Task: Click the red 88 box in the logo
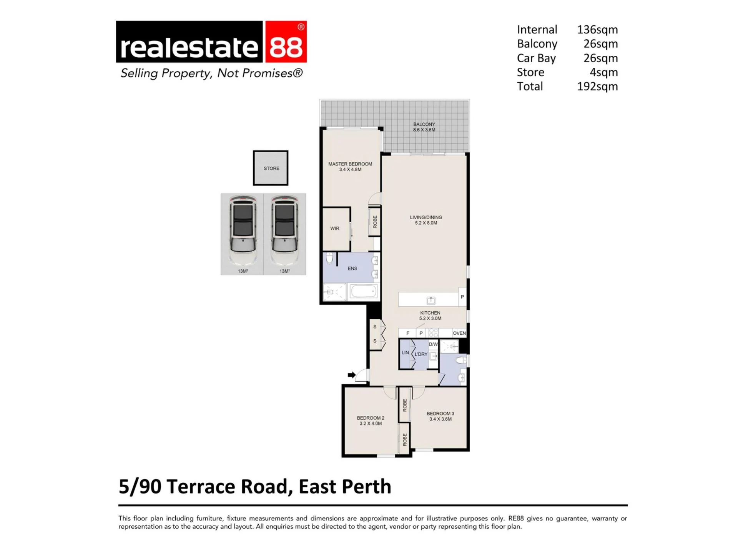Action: point(286,42)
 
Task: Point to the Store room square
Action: point(271,168)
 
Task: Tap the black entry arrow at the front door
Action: point(351,375)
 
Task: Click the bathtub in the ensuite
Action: point(363,291)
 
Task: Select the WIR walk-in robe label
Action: point(335,229)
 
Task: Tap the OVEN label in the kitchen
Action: point(459,333)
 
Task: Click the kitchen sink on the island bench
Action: point(431,300)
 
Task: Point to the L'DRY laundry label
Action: point(421,354)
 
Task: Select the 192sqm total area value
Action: point(597,87)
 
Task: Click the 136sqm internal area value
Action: point(597,30)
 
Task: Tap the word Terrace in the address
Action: point(200,487)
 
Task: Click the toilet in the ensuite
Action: point(329,258)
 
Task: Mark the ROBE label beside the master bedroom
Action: point(375,222)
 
